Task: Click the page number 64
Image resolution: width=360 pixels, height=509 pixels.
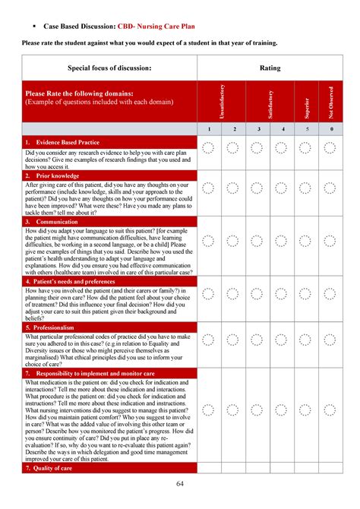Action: point(180,485)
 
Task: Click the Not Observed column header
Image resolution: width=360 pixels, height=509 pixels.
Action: point(331,100)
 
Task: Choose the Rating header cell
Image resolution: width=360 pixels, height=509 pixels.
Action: point(270,68)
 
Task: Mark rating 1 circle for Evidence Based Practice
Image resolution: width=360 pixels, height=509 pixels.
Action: point(209,149)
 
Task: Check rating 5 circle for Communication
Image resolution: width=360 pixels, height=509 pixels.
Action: point(308,241)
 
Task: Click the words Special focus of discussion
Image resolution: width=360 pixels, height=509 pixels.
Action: point(109,68)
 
